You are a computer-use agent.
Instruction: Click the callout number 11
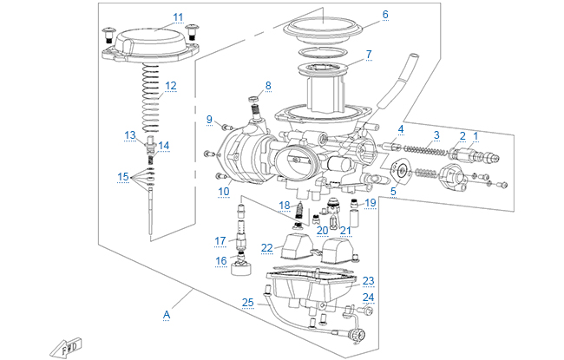178,16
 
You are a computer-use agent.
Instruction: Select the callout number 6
385,15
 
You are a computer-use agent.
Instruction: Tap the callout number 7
368,54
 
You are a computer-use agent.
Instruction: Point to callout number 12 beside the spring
171,85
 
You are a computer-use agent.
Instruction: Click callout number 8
268,85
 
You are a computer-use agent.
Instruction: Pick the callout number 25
248,302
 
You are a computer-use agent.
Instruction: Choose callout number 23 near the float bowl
368,280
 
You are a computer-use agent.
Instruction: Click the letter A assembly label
166,316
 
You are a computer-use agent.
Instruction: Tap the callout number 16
221,260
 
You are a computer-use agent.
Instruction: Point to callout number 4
400,129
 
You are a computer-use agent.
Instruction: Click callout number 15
123,177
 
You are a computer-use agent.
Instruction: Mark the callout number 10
224,191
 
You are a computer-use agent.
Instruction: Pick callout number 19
371,203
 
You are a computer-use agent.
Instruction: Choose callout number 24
368,297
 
